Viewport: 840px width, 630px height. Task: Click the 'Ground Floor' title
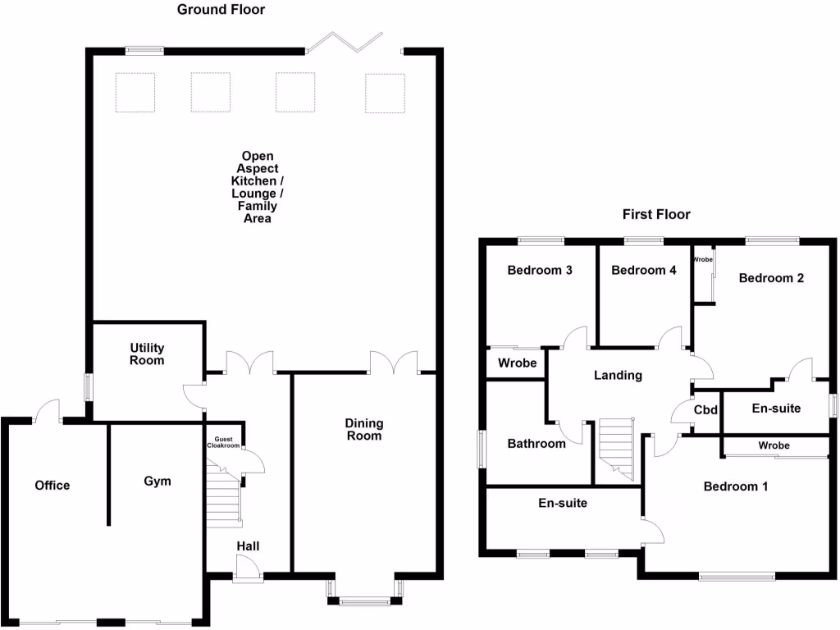(221, 10)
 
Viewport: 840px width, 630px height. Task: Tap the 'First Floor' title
(655, 214)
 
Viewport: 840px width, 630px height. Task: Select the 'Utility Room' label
(147, 354)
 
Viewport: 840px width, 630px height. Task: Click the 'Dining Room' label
(363, 429)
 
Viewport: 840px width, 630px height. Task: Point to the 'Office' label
(52, 485)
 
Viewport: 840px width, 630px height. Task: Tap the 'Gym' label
(157, 481)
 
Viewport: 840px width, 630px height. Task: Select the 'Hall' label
(249, 546)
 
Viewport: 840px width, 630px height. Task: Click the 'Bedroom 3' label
(539, 270)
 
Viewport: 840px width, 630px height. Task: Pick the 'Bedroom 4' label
(644, 270)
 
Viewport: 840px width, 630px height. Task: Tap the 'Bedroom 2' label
(771, 277)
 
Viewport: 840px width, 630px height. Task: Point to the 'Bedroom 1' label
(736, 486)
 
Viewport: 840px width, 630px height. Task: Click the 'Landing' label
(618, 375)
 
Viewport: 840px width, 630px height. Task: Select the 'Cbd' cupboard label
(706, 410)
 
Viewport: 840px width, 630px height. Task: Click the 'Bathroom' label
(536, 443)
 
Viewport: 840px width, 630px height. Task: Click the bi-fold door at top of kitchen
(345, 43)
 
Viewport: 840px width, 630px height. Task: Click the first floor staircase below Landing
(617, 450)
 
